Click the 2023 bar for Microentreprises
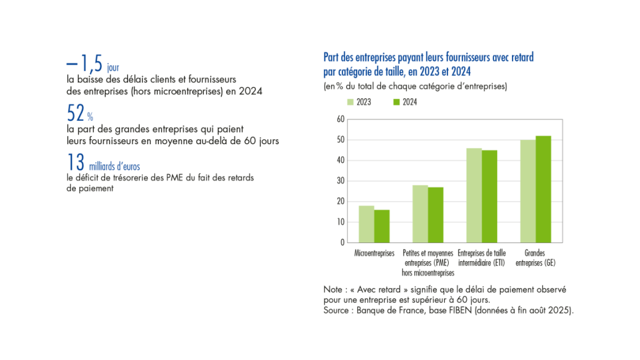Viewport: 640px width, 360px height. click(x=366, y=224)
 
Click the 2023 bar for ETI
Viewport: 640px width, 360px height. click(x=474, y=195)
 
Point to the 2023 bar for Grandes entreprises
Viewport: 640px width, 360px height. click(x=528, y=191)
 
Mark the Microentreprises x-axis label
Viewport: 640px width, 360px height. click(x=374, y=254)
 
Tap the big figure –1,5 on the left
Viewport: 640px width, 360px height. click(x=85, y=63)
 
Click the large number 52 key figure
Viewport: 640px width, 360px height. click(x=76, y=112)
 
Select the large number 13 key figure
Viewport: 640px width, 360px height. click(x=75, y=162)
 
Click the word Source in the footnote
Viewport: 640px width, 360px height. click(x=337, y=309)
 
